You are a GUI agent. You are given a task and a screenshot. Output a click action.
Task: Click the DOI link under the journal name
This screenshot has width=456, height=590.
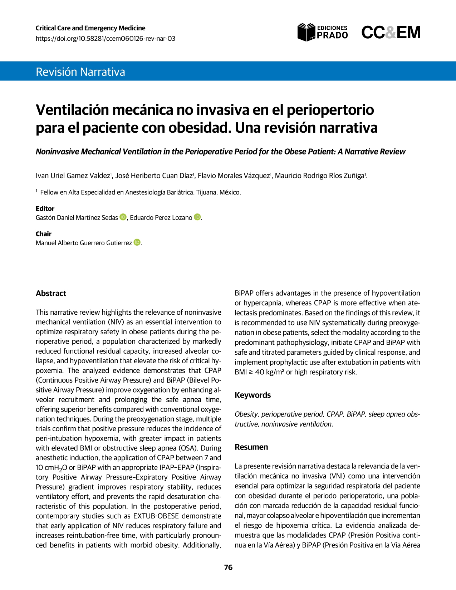[x=106, y=39]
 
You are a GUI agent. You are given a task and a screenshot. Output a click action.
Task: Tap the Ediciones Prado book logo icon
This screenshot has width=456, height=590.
[x=307, y=32]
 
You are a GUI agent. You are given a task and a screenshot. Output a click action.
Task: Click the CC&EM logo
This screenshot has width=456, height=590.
[x=391, y=33]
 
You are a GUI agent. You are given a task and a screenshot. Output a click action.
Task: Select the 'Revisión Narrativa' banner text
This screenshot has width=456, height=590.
[x=80, y=72]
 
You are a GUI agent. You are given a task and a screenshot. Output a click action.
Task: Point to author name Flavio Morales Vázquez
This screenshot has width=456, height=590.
[x=234, y=176]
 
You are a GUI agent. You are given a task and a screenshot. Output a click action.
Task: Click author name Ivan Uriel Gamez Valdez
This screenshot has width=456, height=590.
[x=73, y=176]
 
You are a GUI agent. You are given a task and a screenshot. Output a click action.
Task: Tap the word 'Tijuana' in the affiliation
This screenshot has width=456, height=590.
[x=206, y=192]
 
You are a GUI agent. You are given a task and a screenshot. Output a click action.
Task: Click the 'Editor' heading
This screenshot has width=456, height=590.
[x=45, y=208]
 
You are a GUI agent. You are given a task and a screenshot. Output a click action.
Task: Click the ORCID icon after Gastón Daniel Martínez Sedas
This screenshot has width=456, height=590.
[x=123, y=217]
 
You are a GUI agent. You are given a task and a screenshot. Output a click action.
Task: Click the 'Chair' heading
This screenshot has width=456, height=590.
[x=44, y=234]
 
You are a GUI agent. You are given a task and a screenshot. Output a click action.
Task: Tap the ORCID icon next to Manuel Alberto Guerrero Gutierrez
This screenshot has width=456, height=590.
[x=137, y=242]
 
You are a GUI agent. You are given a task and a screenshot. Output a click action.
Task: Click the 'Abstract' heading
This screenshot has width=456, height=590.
[x=51, y=294]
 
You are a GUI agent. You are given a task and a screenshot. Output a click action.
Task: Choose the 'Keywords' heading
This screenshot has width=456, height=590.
[x=252, y=395]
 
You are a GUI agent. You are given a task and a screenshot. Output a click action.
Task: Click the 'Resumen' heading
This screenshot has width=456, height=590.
[x=251, y=447]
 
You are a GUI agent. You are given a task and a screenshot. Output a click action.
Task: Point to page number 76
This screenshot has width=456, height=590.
[x=228, y=567]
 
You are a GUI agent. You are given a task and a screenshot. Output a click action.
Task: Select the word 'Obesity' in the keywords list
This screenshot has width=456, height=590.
[x=246, y=414]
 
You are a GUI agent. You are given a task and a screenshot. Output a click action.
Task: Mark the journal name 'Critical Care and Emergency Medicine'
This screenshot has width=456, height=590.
[x=90, y=28]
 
